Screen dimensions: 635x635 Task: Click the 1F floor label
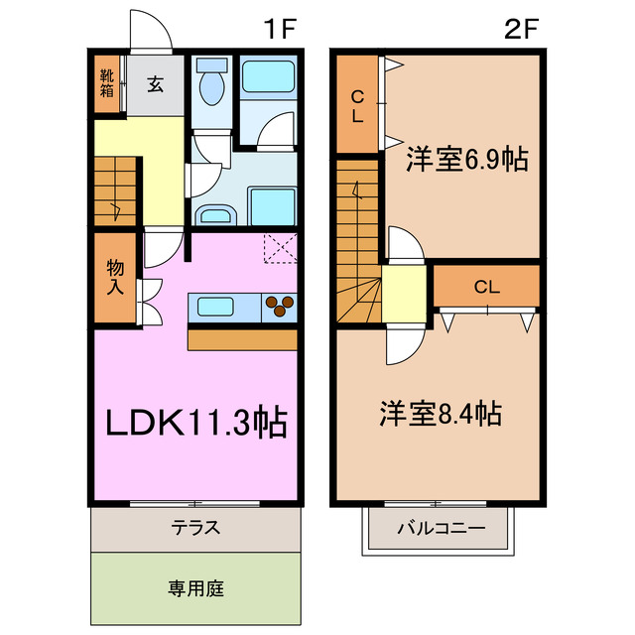[281, 29]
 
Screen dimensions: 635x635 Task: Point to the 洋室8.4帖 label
[440, 413]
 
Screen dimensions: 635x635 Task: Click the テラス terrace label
[195, 528]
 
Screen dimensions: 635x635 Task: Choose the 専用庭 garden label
[195, 587]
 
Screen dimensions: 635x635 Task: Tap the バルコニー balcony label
[441, 528]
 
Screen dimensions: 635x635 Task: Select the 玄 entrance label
[156, 84]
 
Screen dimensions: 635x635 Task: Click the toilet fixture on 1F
[210, 84]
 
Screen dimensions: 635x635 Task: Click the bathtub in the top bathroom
[268, 76]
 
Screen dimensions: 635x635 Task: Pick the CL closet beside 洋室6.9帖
[356, 104]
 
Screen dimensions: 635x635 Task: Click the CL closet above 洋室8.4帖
[485, 287]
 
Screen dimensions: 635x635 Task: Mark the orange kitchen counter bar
[242, 339]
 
